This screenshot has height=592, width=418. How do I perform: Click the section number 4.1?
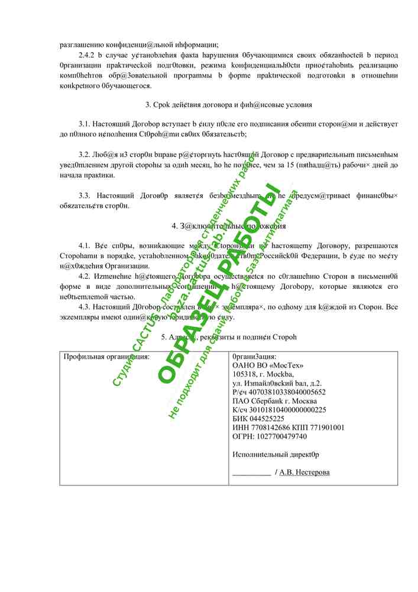[x=84, y=246]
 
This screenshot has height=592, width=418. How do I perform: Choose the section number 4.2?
[x=84, y=276]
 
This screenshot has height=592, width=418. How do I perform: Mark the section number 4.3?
[x=84, y=307]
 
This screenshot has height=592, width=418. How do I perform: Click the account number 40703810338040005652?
[x=286, y=392]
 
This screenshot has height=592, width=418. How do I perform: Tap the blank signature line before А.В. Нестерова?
[x=251, y=473]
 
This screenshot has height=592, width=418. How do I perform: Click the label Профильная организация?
[x=106, y=356]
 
